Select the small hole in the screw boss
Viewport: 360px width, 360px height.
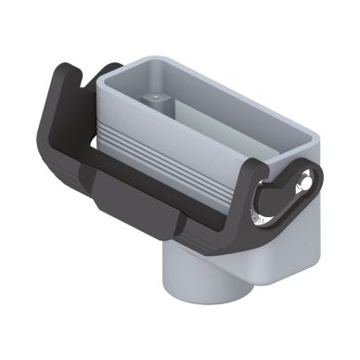[151, 96]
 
